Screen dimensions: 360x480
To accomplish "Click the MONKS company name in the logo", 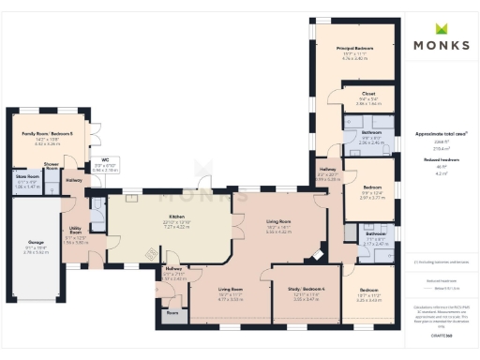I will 441,46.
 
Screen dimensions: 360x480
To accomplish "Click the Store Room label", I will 27,175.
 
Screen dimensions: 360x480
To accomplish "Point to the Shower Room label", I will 52,167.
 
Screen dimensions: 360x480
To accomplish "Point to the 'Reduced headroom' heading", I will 440,159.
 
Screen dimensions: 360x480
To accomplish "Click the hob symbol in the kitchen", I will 150,250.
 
